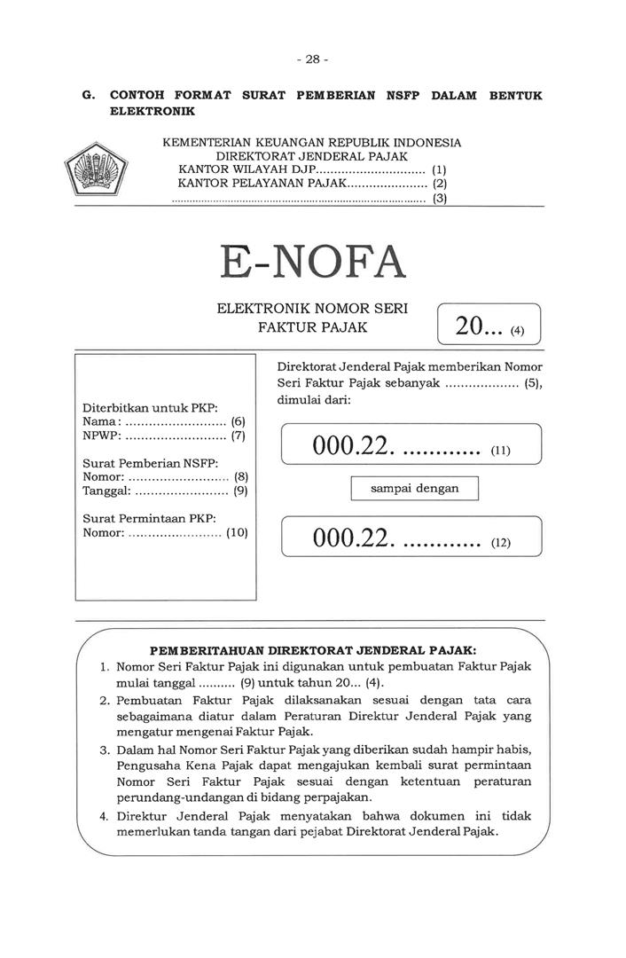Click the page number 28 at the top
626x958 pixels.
pyautogui.click(x=312, y=59)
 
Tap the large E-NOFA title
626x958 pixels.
pyautogui.click(x=312, y=262)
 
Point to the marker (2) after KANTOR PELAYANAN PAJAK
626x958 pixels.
pyautogui.click(x=440, y=184)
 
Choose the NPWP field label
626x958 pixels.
pyautogui.click(x=101, y=436)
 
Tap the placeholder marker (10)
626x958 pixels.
pyautogui.click(x=237, y=533)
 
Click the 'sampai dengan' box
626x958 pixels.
pyautogui.click(x=414, y=489)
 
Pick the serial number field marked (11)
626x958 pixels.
pyautogui.click(x=411, y=445)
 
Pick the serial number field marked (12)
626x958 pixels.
pyautogui.click(x=411, y=537)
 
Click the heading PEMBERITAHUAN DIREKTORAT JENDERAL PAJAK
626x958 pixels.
pyautogui.click(x=312, y=649)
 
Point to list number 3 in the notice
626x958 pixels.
pyautogui.click(x=104, y=750)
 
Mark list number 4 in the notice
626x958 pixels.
pyautogui.click(x=104, y=815)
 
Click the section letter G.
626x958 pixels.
pyautogui.click(x=87, y=95)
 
